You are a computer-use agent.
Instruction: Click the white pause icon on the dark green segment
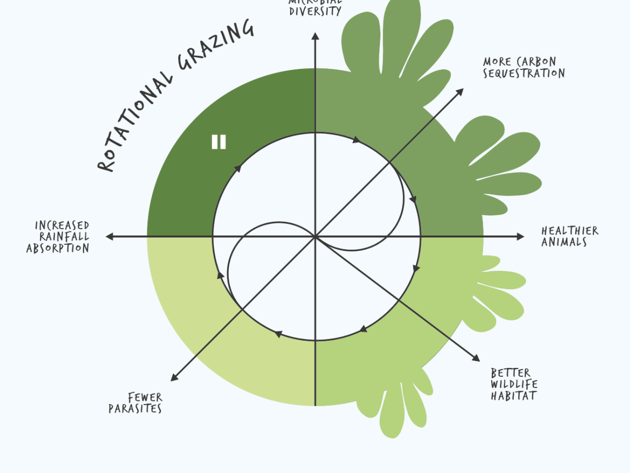click(219, 142)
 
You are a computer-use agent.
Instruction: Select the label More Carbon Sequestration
click(523, 68)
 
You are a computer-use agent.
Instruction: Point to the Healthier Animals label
click(569, 236)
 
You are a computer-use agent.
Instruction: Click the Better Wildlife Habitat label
click(514, 384)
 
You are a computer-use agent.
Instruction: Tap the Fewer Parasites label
click(136, 403)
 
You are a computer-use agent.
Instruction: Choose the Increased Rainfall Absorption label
click(58, 237)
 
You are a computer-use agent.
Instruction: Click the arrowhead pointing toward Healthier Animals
click(520, 236)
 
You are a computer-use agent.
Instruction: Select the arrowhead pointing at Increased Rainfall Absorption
click(110, 236)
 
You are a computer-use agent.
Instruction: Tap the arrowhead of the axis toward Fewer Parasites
click(174, 377)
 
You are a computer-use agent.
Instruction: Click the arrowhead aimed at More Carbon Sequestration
click(460, 91)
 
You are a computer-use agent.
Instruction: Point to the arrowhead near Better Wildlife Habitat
click(476, 358)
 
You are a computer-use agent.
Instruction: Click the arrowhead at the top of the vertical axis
click(315, 36)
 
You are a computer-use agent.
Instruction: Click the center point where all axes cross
click(315, 236)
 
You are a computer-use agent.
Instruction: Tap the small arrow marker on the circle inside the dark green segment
click(237, 168)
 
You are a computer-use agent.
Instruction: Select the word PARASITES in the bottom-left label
click(135, 409)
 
